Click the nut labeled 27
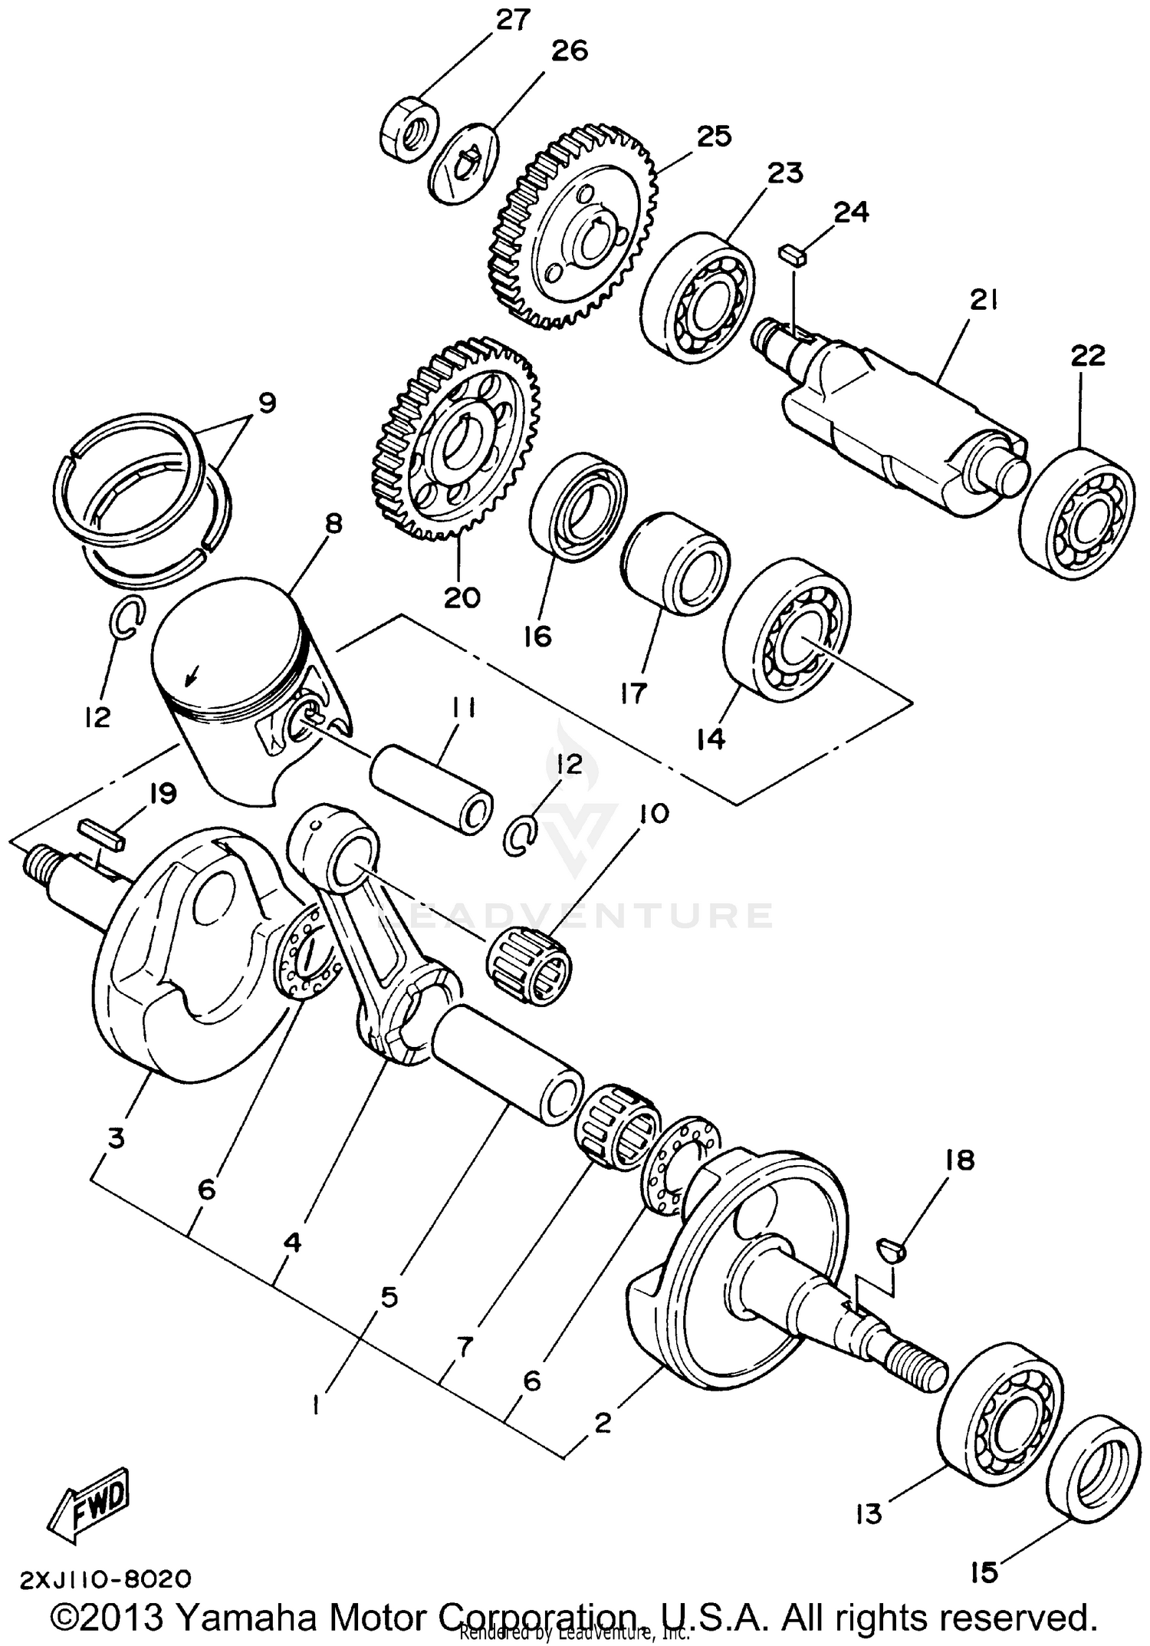click(409, 127)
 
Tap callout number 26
click(569, 51)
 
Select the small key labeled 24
click(793, 255)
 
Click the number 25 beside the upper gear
click(714, 136)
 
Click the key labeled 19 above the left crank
click(100, 833)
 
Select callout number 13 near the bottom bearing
click(869, 1514)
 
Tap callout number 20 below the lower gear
click(462, 597)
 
